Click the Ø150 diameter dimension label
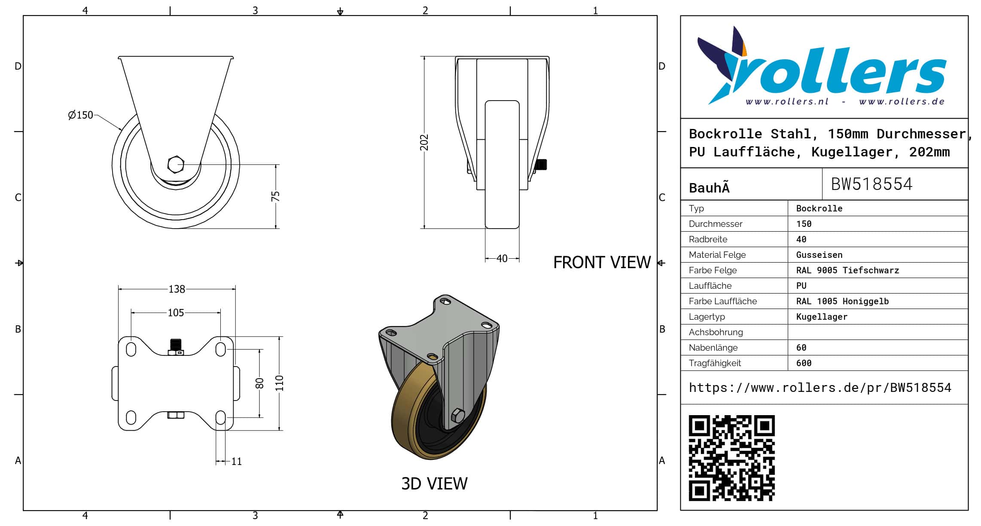click(x=81, y=115)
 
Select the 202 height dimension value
click(x=424, y=142)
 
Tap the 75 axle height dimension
click(x=275, y=196)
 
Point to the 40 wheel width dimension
click(x=502, y=259)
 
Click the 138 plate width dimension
click(x=177, y=289)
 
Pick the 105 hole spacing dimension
click(x=176, y=313)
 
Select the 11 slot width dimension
click(x=236, y=462)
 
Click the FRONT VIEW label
click(x=602, y=263)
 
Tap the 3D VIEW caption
click(x=434, y=484)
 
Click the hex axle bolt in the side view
click(x=176, y=165)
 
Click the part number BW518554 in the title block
click(x=871, y=184)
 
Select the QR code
click(x=731, y=458)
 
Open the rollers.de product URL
click(x=820, y=388)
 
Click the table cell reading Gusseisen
click(x=819, y=255)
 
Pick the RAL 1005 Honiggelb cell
click(x=842, y=301)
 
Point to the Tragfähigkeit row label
click(x=715, y=363)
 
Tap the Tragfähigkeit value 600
click(x=804, y=363)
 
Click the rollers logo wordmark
click(x=838, y=71)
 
